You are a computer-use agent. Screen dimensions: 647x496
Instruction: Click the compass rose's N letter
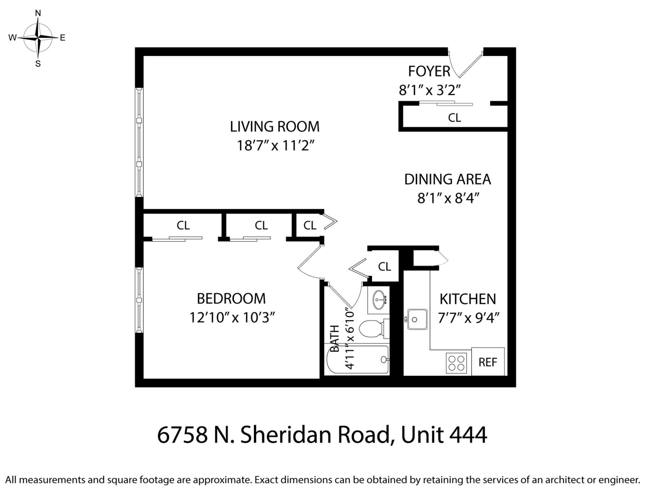click(x=38, y=13)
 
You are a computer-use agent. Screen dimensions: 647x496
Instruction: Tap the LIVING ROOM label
click(x=275, y=127)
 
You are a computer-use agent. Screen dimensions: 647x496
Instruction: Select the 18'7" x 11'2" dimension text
click(x=276, y=146)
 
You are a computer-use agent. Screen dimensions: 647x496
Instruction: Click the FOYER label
click(x=429, y=71)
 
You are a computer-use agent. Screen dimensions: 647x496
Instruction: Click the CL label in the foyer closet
click(x=454, y=118)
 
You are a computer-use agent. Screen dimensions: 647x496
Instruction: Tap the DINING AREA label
click(x=447, y=179)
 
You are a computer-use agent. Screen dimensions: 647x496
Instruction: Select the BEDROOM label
click(x=231, y=299)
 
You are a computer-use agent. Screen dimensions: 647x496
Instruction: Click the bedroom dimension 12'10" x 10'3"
click(x=232, y=318)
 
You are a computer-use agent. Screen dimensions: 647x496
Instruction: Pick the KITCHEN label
click(x=468, y=299)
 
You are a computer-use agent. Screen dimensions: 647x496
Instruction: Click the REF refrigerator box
click(x=488, y=361)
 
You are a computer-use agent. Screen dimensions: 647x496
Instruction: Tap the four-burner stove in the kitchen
click(x=456, y=363)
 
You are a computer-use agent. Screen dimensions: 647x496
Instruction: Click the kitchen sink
click(x=417, y=319)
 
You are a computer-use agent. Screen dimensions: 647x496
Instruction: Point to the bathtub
click(x=358, y=359)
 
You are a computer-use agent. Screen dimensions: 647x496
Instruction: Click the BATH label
click(x=335, y=338)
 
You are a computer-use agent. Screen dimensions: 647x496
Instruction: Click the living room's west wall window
click(x=139, y=142)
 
